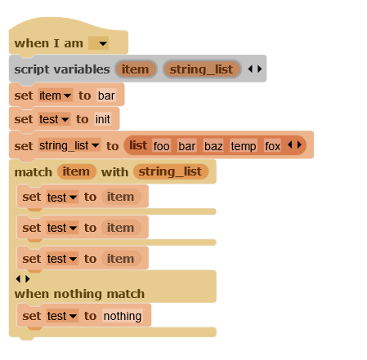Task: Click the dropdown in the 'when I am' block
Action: coord(98,43)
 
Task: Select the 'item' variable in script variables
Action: coord(136,69)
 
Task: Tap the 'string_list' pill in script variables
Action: coord(202,69)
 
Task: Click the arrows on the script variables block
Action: coord(255,69)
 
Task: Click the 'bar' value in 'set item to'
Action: coord(106,96)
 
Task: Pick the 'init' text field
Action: coord(103,119)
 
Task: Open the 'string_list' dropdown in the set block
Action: coord(69,145)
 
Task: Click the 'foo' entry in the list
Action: coord(161,146)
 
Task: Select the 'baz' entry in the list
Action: coord(213,146)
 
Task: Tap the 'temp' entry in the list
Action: coord(244,146)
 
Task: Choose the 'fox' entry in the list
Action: coord(272,146)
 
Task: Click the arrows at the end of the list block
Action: coord(295,144)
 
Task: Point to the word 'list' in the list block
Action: coord(138,145)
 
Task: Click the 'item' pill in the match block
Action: coord(76,171)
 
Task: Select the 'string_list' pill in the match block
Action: coord(171,171)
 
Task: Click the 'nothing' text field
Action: coord(123,316)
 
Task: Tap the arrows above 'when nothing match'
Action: coord(23,279)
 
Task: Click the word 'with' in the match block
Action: coord(114,172)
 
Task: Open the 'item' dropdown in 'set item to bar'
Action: coord(56,96)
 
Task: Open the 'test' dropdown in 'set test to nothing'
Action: coord(62,316)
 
